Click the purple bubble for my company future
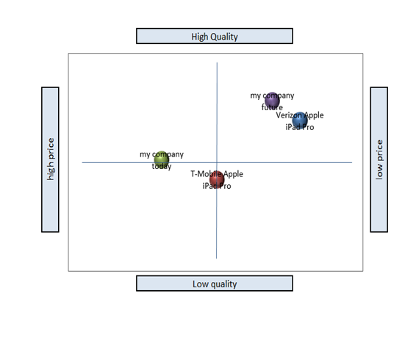click(272, 100)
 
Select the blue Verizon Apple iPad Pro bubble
click(300, 120)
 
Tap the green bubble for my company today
click(162, 159)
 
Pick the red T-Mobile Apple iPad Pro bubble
click(217, 179)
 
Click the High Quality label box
click(215, 36)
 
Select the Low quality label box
click(215, 284)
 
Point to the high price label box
click(50, 159)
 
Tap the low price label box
click(379, 159)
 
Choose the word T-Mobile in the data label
click(207, 174)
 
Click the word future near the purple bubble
click(272, 107)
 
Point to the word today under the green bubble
click(162, 166)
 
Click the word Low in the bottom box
click(199, 284)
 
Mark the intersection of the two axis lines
click(217, 162)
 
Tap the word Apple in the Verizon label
click(314, 115)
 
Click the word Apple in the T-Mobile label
click(233, 174)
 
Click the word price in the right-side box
click(380, 151)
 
